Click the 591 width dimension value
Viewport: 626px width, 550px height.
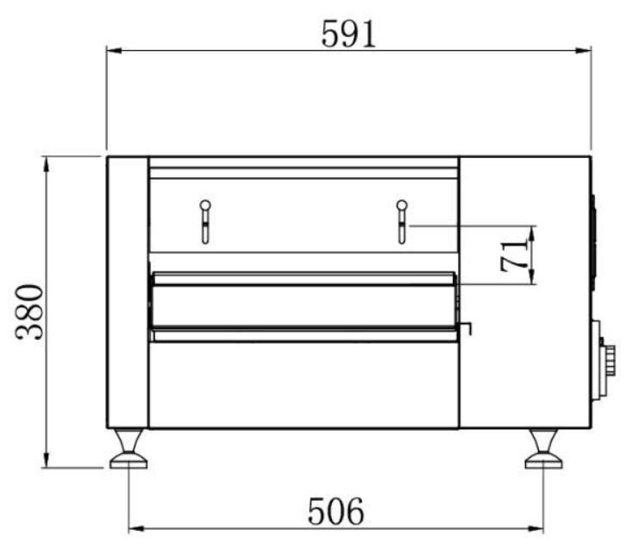coord(348,34)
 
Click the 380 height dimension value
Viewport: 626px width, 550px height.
coord(29,313)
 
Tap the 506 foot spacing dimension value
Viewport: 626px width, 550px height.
coord(335,511)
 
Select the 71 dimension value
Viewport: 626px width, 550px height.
coord(514,256)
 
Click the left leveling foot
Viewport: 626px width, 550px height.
coord(128,448)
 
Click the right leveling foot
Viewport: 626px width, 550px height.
coord(543,448)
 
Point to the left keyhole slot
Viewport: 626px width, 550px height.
coord(205,222)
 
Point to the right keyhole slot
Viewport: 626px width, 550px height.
coord(402,222)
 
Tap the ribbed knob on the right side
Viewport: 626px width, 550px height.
coord(609,360)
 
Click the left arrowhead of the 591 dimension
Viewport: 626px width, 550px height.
coord(114,51)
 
